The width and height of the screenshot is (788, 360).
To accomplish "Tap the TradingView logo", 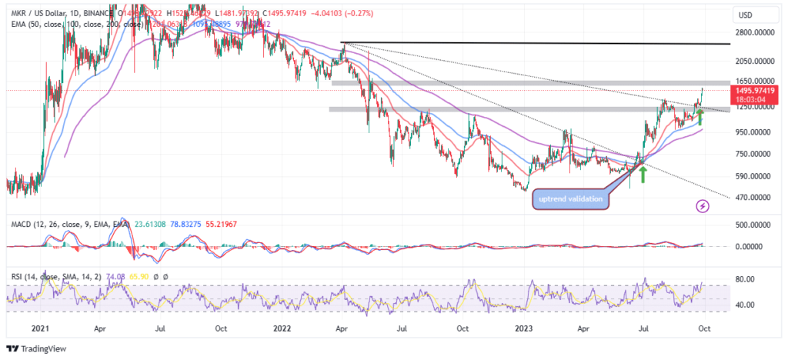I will coord(37,348).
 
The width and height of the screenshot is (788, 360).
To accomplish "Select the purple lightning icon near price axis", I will coord(702,206).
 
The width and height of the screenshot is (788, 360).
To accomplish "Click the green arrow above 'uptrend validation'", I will coord(642,172).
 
